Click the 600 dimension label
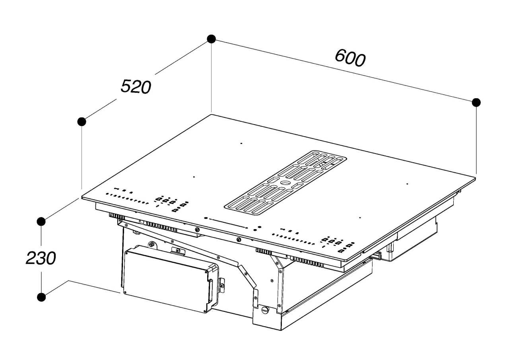pos(350,58)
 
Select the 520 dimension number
pos(136,86)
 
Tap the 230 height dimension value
pos(41,258)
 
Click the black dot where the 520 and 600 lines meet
pos(211,39)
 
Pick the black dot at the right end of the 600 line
pos(476,103)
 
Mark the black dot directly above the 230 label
pos(41,221)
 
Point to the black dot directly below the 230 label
pos(41,297)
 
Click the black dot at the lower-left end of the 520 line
pos(82,122)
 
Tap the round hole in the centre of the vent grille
pos(286,182)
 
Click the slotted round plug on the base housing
pos(265,310)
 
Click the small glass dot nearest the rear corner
pos(241,144)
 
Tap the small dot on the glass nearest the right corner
pos(407,184)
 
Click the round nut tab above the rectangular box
pos(152,245)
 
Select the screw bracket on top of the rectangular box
pos(178,251)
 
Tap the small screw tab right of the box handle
pos(221,286)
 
